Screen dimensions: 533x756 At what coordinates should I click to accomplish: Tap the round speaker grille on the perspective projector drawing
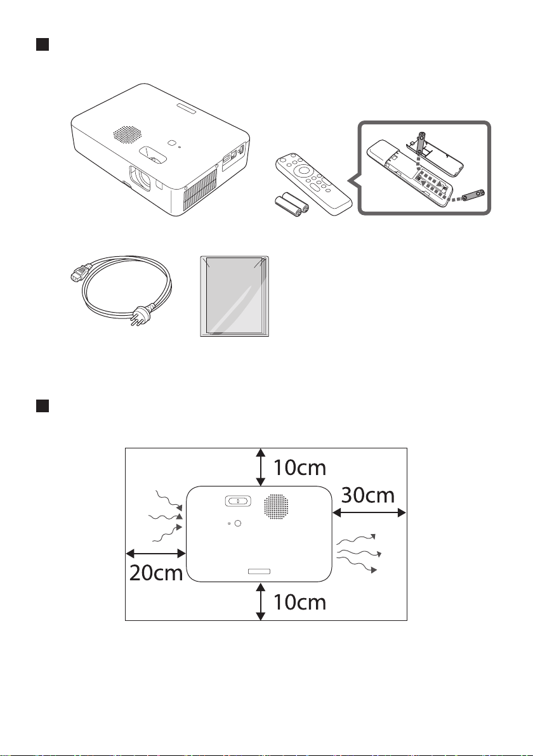[128, 134]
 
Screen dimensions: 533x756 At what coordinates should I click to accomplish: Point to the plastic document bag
[234, 296]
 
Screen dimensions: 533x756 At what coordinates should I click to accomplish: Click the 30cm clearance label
[368, 495]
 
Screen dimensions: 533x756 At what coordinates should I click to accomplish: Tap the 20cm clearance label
[156, 573]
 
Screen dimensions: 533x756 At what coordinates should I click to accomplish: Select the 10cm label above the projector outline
[299, 467]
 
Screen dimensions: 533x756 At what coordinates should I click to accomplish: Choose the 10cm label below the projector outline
[299, 602]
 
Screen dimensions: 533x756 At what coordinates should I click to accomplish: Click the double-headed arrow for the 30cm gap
[369, 514]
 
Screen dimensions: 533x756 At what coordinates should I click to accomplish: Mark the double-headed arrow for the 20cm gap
[156, 553]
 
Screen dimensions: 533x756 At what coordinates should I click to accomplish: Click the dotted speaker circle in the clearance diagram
[277, 507]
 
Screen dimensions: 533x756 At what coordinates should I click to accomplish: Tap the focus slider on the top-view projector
[238, 501]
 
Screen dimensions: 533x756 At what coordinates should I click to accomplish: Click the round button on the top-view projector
[237, 523]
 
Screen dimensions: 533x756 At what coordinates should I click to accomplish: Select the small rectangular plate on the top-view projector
[258, 571]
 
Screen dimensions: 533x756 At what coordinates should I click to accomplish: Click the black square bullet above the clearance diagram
[43, 406]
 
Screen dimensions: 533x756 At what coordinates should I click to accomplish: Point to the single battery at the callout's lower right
[473, 195]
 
